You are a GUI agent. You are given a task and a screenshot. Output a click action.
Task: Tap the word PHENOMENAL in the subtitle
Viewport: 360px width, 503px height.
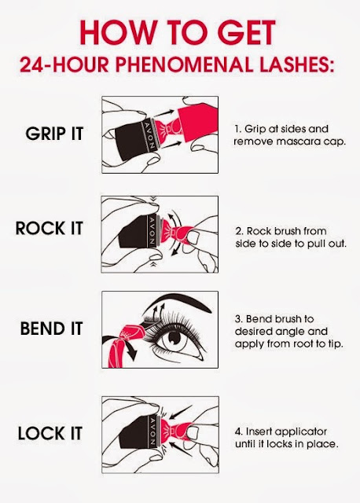(186, 65)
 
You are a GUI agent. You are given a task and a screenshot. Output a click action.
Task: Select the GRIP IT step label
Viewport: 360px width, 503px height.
(54, 134)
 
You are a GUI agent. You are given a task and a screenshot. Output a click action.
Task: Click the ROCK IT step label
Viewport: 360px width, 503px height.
(50, 229)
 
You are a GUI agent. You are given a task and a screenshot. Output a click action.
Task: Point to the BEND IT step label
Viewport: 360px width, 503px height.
(52, 329)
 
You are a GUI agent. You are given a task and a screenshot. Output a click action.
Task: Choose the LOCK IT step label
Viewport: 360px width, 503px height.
(50, 433)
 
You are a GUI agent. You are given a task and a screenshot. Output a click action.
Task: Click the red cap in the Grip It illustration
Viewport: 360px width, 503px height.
(197, 123)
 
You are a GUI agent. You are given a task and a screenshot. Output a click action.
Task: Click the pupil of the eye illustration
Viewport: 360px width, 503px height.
(174, 337)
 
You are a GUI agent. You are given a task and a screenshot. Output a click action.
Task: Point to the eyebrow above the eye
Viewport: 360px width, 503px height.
(180, 299)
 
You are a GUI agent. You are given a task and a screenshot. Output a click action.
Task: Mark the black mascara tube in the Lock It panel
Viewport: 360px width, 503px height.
(134, 432)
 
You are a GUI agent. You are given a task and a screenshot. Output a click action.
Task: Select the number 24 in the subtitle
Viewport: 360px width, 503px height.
(33, 65)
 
